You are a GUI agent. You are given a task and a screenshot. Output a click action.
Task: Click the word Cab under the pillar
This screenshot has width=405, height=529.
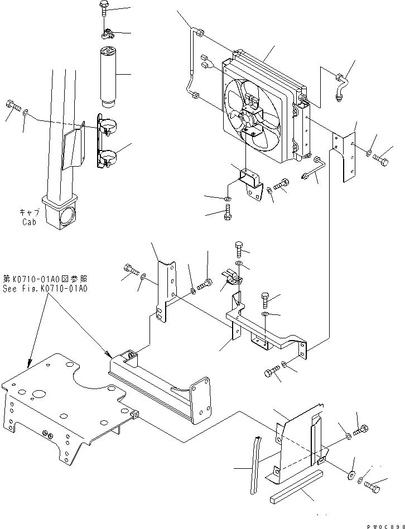[29, 221]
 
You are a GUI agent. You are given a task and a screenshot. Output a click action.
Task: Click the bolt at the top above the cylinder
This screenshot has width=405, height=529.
[106, 10]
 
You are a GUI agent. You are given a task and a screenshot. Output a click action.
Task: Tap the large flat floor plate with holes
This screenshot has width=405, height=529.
[61, 401]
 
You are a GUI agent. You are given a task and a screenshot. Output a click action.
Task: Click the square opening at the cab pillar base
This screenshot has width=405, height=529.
[70, 214]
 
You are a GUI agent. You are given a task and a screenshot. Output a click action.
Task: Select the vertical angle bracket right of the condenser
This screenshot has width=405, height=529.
[345, 156]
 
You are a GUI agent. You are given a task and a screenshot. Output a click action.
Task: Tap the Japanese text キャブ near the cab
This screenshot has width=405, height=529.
[29, 212]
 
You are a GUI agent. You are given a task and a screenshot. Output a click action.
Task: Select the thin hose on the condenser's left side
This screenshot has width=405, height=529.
[192, 61]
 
